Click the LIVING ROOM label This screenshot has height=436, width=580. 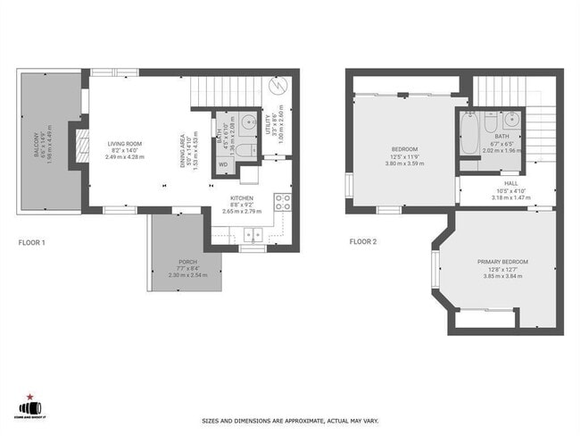[x=125, y=143]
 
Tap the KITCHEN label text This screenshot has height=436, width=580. [x=242, y=197]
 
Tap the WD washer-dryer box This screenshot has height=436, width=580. [x=223, y=164]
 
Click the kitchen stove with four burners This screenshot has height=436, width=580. [x=283, y=202]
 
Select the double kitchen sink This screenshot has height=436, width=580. [x=253, y=236]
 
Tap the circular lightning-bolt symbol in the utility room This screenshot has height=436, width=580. [x=278, y=88]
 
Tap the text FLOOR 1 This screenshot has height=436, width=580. [x=32, y=241]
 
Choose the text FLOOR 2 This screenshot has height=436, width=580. [x=363, y=241]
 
